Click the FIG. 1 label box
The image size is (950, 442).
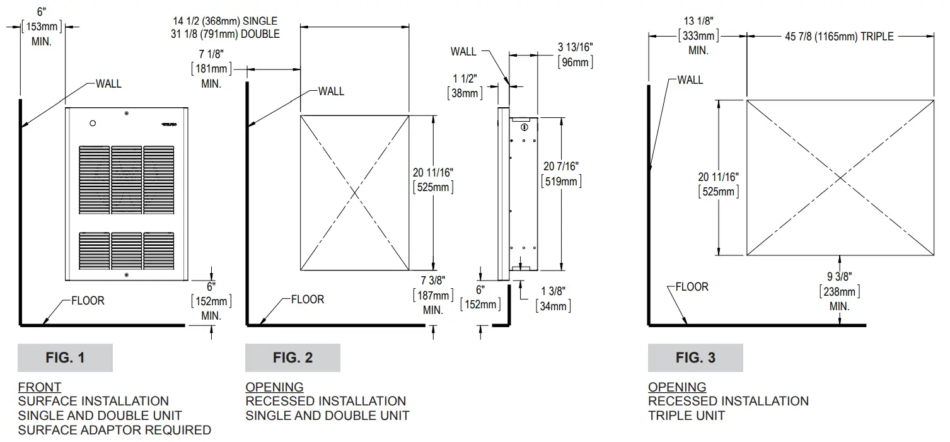coord(65,358)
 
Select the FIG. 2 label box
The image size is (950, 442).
coord(293,358)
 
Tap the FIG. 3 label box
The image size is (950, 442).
coord(695,358)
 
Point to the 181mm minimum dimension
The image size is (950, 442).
coord(211,69)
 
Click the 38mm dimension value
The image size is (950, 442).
coord(465,93)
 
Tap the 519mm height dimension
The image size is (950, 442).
coord(561,182)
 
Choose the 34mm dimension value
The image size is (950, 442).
coord(553,306)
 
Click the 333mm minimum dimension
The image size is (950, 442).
coord(698,37)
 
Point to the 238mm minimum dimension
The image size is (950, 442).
coord(839,292)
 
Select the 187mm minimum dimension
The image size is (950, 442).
coord(432,296)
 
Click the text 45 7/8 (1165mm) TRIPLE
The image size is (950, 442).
coord(839,37)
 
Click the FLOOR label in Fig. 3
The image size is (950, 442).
coord(692,287)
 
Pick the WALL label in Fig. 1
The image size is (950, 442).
coord(108,83)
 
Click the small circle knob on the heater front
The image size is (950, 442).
coord(93,123)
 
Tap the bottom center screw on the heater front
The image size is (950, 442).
coord(127,275)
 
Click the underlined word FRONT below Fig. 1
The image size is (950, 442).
coord(39,387)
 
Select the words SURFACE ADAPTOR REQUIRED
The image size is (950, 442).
coord(114,430)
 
